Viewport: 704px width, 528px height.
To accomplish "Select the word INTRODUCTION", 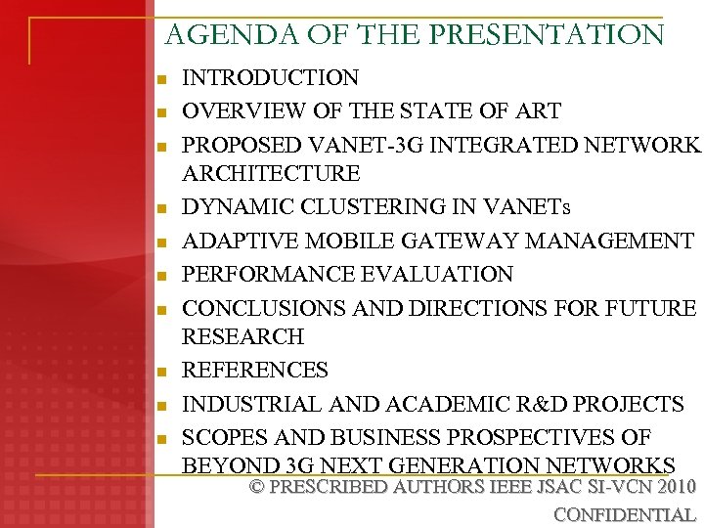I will [271, 78].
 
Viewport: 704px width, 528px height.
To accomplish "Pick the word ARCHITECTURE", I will [271, 174].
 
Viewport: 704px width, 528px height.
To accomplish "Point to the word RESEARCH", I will [243, 337].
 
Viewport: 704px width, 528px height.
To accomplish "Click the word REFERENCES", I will [255, 371].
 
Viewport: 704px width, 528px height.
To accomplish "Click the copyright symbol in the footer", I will [258, 487].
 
